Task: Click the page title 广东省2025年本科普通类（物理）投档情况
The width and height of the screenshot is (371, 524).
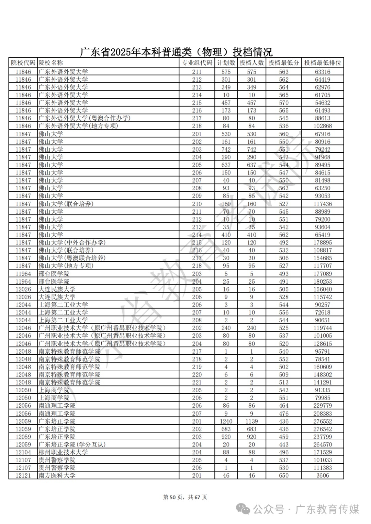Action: (x=176, y=52)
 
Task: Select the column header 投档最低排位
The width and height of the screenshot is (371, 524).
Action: (x=323, y=63)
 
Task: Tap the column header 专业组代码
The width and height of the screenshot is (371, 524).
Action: (x=197, y=63)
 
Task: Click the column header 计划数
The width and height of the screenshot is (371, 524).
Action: (x=226, y=63)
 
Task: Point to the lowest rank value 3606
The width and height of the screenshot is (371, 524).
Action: (x=323, y=476)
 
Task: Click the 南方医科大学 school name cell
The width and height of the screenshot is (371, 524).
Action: (x=57, y=476)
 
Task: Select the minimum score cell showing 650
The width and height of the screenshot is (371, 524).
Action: (x=284, y=476)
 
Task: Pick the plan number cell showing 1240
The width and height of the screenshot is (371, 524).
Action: (x=226, y=421)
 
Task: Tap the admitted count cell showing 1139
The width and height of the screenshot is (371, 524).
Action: (x=251, y=421)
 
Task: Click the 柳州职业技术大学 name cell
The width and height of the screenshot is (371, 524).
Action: (x=63, y=452)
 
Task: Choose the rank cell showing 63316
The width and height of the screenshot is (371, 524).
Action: (x=323, y=72)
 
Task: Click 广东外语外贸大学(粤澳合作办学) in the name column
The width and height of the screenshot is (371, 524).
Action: (x=85, y=118)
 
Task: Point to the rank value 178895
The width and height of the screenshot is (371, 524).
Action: (x=323, y=242)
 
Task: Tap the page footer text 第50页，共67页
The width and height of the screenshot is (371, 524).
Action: (x=185, y=497)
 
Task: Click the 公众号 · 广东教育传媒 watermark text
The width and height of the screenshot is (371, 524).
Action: (x=306, y=510)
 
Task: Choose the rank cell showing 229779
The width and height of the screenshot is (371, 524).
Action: (x=323, y=406)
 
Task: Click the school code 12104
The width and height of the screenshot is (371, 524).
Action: (x=23, y=452)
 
